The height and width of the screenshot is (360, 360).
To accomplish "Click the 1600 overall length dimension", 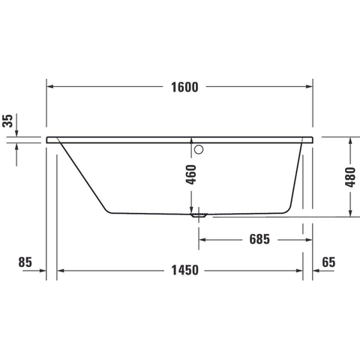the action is (x=184, y=87).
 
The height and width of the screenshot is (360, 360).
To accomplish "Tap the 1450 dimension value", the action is (x=184, y=270).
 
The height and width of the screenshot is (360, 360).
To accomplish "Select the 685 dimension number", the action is (x=259, y=239).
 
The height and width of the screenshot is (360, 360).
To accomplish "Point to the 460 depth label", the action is (x=191, y=174).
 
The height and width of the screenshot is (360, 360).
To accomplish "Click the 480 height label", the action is (x=350, y=177).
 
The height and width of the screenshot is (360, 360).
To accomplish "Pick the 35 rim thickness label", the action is (x=7, y=121).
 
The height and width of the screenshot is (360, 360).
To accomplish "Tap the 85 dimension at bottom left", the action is (x=25, y=262).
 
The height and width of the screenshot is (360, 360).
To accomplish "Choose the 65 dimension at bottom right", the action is (x=328, y=262).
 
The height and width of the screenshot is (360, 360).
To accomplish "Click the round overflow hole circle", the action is (x=199, y=149).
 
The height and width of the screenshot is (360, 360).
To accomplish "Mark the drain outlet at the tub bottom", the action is (x=199, y=215).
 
